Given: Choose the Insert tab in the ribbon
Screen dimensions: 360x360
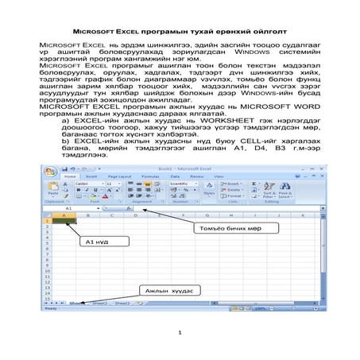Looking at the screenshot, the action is (91, 176).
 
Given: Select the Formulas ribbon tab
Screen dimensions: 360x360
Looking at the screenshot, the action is (149, 176).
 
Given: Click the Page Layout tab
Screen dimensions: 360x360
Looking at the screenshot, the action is (118, 176).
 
